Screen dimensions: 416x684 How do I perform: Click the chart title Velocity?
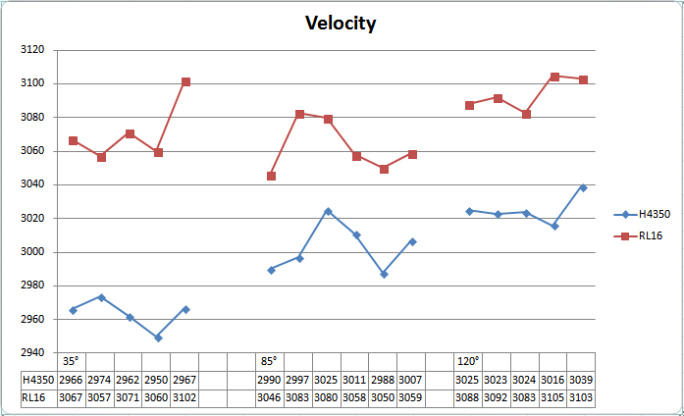pyautogui.click(x=341, y=24)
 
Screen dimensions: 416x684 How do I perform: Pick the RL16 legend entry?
pyautogui.click(x=649, y=235)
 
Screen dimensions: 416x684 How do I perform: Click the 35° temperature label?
pyautogui.click(x=71, y=361)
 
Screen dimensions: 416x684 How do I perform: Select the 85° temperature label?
pyautogui.click(x=268, y=361)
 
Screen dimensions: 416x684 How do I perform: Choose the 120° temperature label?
pyautogui.click(x=468, y=361)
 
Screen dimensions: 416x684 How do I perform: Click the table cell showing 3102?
pyautogui.click(x=185, y=397)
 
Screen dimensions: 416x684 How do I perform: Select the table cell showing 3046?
pyautogui.click(x=270, y=397)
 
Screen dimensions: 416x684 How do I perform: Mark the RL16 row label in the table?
pyautogui.click(x=33, y=397)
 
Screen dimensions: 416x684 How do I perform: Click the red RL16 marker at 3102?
pyautogui.click(x=186, y=81)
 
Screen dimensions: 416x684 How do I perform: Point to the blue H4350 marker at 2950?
pyautogui.click(x=158, y=338)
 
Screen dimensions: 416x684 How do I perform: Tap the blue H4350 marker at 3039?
pyautogui.click(x=583, y=187)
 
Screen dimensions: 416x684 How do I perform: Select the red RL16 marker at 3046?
pyautogui.click(x=271, y=176)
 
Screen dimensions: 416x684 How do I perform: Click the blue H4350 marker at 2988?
pyautogui.click(x=384, y=274)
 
